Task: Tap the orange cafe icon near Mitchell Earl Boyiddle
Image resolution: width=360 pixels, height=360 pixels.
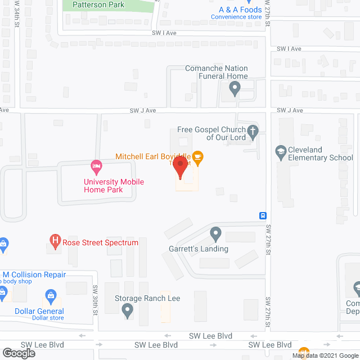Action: point(197,156)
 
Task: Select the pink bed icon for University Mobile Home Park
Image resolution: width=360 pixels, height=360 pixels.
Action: point(96,166)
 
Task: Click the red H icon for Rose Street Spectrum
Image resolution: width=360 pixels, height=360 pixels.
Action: point(55,242)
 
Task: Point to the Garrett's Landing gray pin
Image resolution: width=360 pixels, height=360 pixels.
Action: point(215,233)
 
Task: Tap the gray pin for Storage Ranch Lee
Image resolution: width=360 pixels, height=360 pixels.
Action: point(128,309)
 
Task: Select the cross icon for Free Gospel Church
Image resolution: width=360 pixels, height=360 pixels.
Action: point(253,133)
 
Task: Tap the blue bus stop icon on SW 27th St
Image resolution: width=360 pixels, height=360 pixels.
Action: point(263,215)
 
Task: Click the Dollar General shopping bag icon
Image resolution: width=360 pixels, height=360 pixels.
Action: point(51,296)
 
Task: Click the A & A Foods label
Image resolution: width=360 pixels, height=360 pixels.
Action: point(240,10)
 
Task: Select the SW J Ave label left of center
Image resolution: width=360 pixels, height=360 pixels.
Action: point(142,111)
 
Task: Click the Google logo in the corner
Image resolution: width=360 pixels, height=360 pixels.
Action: point(18,353)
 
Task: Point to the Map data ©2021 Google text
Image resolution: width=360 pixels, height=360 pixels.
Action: point(325,355)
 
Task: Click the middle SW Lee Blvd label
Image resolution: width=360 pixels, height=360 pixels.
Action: point(156,345)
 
